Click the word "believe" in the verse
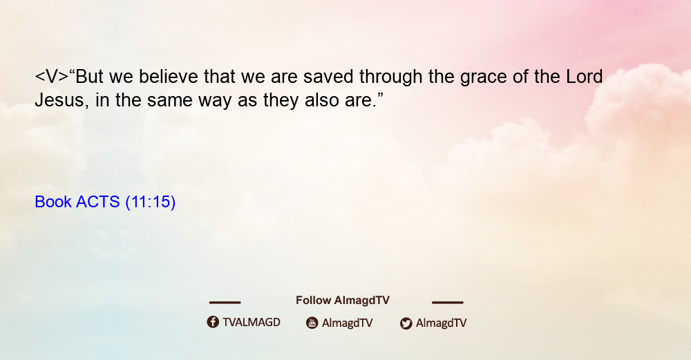[169, 77]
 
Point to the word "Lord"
[585, 77]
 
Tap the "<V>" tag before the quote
[52, 77]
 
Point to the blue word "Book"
[53, 202]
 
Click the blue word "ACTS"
[98, 202]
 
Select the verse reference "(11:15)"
[150, 202]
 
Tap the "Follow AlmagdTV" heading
[343, 301]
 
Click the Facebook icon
[213, 322]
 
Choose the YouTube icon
[312, 323]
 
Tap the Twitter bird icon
[406, 323]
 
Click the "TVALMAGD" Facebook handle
[252, 323]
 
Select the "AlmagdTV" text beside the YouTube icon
[348, 323]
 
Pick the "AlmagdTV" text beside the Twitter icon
[441, 323]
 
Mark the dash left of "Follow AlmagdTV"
[225, 302]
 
